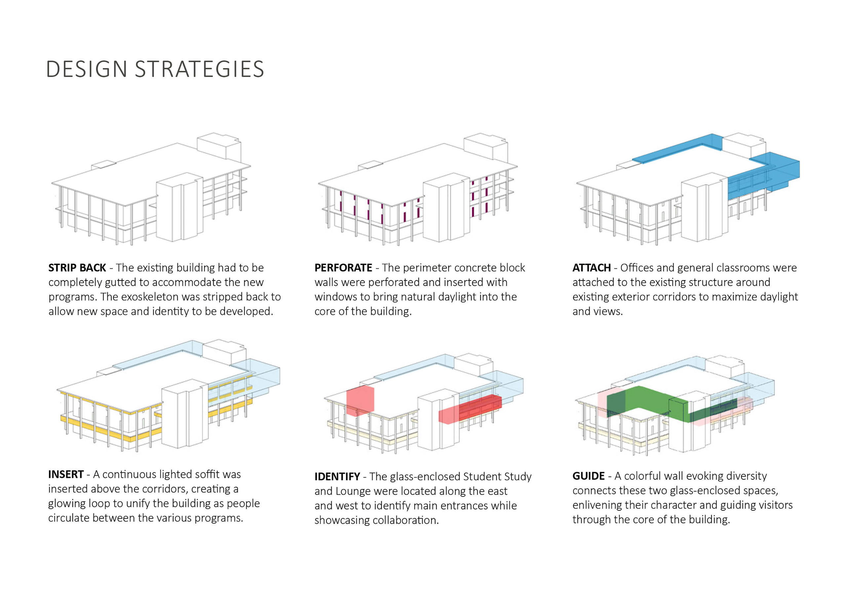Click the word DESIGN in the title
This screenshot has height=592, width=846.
(87, 69)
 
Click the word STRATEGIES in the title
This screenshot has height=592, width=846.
(199, 69)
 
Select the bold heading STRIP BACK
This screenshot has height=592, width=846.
(77, 268)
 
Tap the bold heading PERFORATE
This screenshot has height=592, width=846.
(343, 268)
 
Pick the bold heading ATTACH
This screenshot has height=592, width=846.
(592, 268)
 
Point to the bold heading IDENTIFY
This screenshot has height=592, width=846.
(337, 477)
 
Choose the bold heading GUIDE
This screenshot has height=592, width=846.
(589, 476)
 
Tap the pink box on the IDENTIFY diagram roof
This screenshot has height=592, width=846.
(360, 401)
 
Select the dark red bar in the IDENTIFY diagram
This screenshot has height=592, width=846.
(480, 404)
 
